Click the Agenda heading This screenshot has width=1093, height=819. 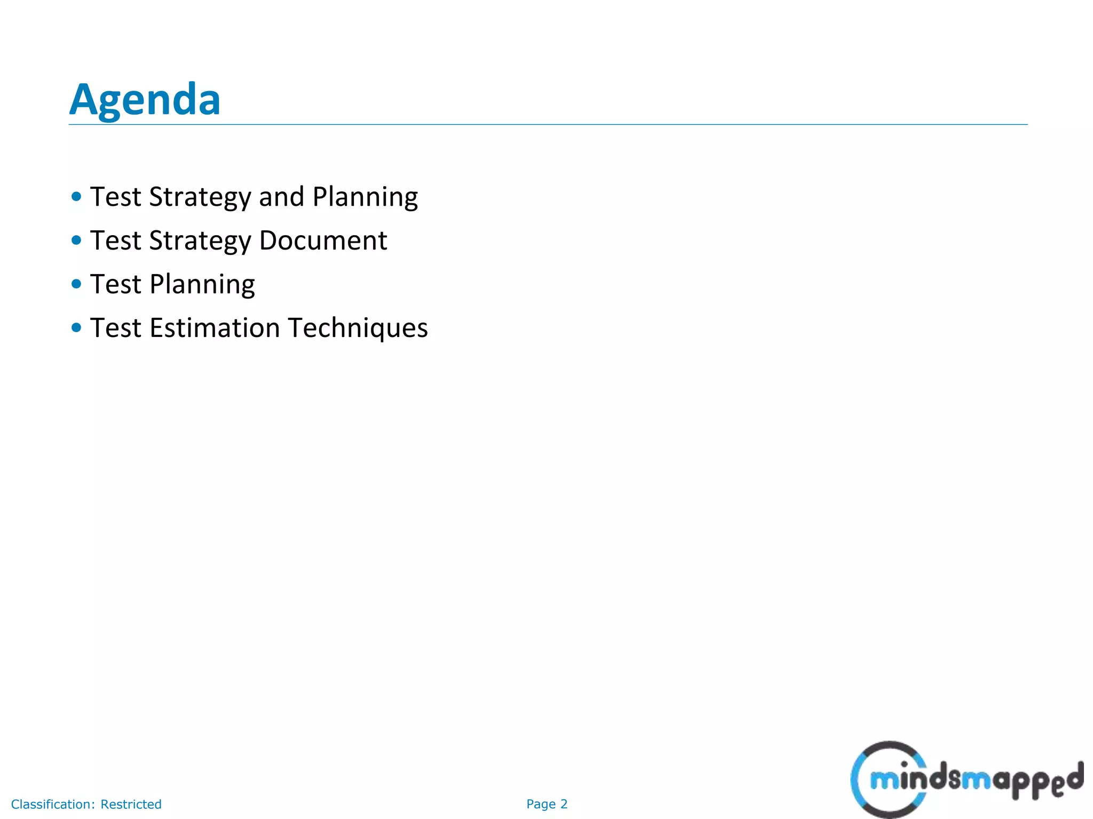click(145, 100)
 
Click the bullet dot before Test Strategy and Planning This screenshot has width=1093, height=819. click(76, 196)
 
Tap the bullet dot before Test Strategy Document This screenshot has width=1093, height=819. click(76, 240)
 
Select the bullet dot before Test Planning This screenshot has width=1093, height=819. click(76, 284)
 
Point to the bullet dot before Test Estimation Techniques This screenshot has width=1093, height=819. click(76, 327)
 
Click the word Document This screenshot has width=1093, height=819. click(323, 240)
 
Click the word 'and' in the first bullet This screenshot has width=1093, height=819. click(281, 197)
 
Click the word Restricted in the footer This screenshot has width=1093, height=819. click(131, 804)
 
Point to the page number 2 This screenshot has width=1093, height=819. click(564, 804)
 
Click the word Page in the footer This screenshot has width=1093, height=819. click(541, 805)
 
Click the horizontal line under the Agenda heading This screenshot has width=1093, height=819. click(548, 125)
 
